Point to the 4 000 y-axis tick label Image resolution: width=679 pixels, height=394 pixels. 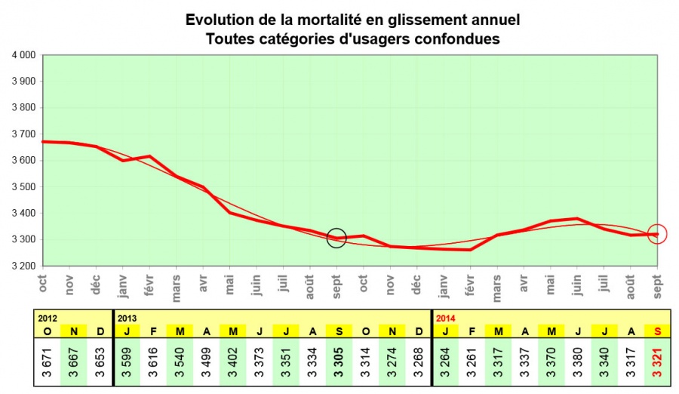(x=23, y=55)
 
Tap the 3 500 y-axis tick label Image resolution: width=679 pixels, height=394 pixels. (x=23, y=186)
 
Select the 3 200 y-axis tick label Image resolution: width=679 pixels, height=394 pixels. (x=23, y=266)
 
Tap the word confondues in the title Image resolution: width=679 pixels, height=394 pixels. (x=458, y=38)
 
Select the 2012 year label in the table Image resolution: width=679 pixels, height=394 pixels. (x=50, y=318)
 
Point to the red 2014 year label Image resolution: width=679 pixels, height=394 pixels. (x=446, y=318)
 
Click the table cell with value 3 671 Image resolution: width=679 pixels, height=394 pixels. (x=48, y=360)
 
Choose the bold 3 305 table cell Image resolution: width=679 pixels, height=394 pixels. (x=336, y=360)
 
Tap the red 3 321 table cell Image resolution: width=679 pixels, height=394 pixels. (x=657, y=360)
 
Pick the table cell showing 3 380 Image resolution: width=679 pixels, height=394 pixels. (x=577, y=360)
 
